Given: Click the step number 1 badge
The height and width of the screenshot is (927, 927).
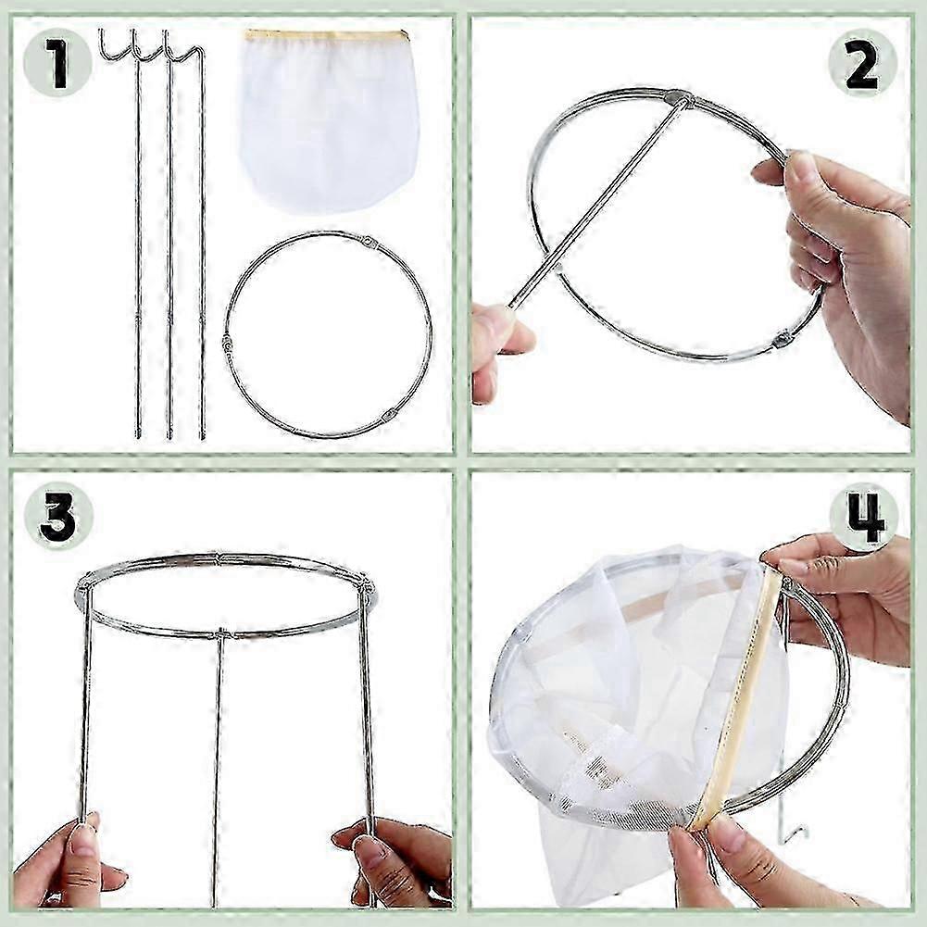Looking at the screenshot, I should tap(57, 63).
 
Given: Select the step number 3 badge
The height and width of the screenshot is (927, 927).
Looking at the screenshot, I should tap(57, 517).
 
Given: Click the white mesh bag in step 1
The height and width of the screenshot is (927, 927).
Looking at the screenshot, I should tap(328, 125).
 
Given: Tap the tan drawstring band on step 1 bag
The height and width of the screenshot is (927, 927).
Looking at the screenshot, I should tap(326, 36).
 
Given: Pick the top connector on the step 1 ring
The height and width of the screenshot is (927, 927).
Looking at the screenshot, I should tap(370, 243).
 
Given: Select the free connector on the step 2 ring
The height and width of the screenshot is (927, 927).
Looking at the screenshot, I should tap(783, 339).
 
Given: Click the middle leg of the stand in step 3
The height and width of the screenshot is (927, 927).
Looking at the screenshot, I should tap(219, 759).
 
